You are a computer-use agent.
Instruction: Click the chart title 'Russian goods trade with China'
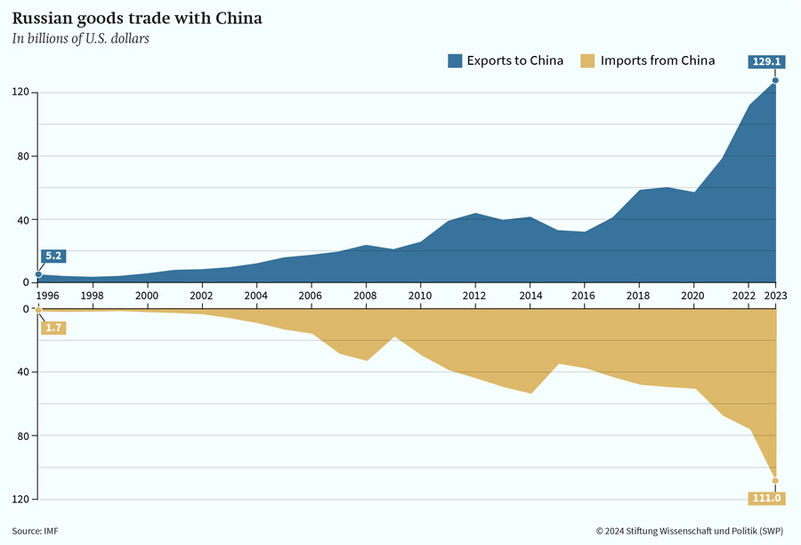(x=137, y=19)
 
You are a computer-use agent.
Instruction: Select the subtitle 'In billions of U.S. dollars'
(x=81, y=39)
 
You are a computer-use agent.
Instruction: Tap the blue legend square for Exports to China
(x=455, y=61)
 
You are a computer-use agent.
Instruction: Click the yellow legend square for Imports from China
(x=587, y=61)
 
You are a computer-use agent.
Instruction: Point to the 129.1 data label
(x=766, y=61)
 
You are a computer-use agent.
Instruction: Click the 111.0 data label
(x=766, y=498)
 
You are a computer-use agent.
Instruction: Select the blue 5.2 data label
(x=53, y=256)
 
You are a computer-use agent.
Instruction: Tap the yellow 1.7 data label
(x=53, y=328)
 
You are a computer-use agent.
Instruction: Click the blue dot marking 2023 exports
(x=775, y=80)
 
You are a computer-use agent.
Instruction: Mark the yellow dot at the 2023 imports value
(x=775, y=481)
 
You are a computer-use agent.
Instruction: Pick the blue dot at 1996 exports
(x=38, y=274)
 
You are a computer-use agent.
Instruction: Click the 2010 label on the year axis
(x=420, y=296)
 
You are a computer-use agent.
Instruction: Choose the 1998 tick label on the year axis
(x=92, y=296)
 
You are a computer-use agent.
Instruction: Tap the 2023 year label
(x=775, y=296)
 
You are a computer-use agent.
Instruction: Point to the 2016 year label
(x=583, y=296)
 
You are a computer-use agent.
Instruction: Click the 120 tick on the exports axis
(x=21, y=93)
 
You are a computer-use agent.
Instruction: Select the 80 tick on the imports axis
(x=23, y=436)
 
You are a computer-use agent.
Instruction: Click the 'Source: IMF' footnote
(x=36, y=531)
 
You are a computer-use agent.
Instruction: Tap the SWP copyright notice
(x=690, y=531)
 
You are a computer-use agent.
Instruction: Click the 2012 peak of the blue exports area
(x=475, y=213)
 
